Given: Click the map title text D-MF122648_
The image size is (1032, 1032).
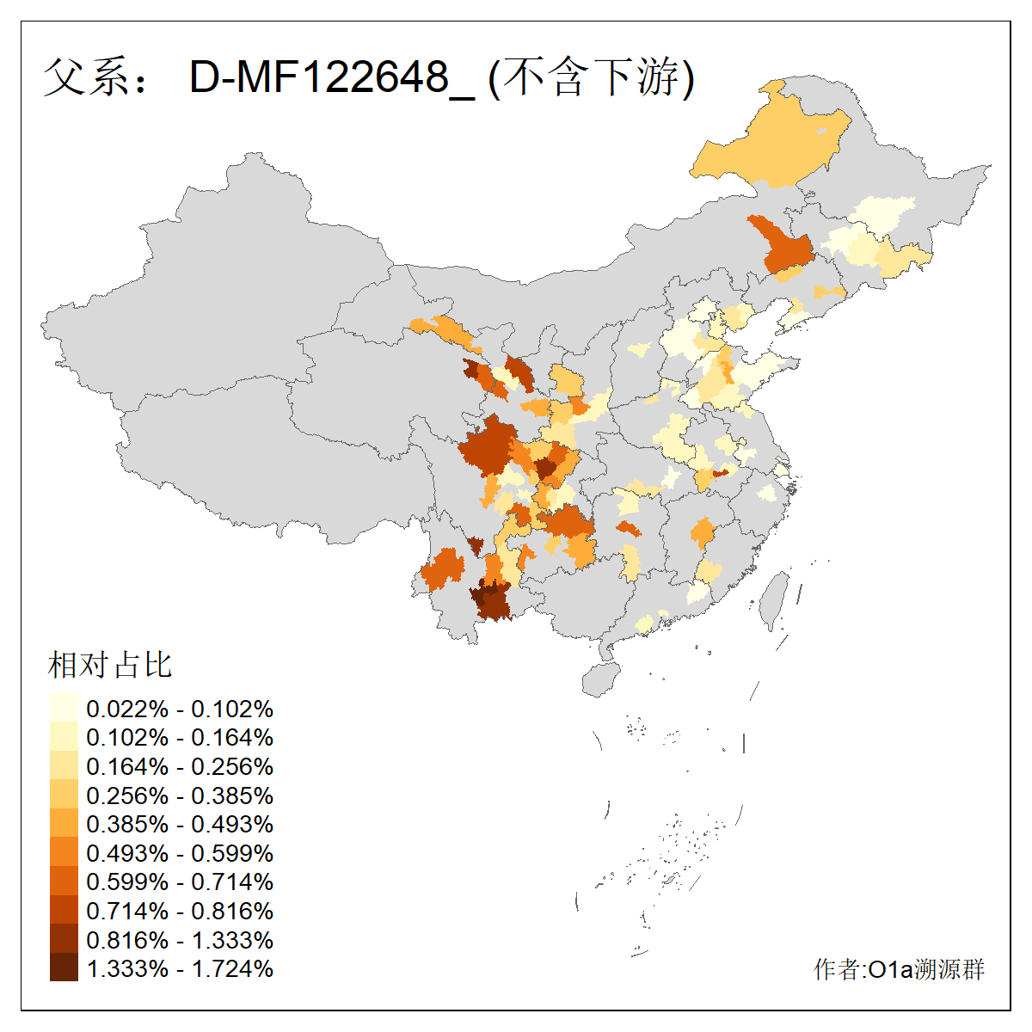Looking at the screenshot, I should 331,78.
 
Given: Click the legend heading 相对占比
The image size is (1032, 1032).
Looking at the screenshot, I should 110,665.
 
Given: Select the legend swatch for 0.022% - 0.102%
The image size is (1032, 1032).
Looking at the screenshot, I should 64,709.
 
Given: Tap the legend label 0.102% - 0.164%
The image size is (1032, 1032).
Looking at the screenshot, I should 180,738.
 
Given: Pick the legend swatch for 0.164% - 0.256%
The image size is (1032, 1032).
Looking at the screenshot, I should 64,766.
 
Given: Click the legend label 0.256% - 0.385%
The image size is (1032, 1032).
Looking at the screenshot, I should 180,795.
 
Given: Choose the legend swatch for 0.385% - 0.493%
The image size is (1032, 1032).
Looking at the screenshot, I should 64,824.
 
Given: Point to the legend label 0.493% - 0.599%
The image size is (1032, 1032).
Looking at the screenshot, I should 180,853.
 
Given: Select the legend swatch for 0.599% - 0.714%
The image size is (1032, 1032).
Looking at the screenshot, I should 64,881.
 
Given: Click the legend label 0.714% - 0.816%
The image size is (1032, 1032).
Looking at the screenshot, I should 180,911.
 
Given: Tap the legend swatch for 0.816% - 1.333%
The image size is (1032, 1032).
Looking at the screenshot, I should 64,939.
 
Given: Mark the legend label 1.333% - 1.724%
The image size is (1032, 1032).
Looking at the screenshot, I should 180,968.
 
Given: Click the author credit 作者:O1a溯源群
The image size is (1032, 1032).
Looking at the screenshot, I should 899,969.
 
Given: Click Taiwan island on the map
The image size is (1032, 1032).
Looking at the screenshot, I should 774,598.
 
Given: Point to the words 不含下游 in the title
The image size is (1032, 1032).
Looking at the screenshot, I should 593,78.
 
